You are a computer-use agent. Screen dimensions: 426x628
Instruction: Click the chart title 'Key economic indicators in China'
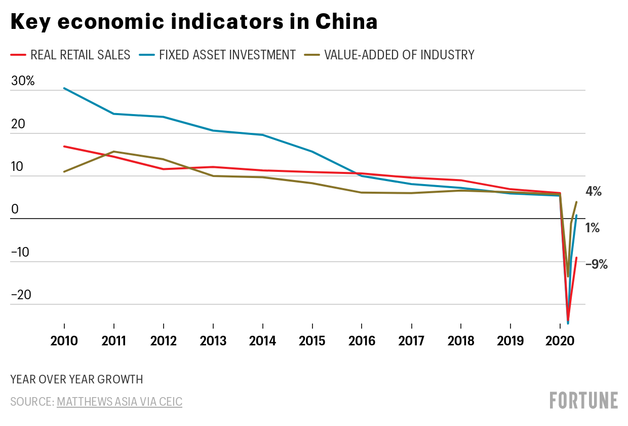(193, 22)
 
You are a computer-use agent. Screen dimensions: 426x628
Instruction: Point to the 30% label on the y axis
(22, 81)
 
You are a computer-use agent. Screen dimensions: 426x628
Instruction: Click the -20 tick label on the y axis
(21, 295)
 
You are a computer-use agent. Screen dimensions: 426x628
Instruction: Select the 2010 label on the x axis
(64, 340)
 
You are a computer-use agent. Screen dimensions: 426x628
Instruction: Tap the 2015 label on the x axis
(312, 340)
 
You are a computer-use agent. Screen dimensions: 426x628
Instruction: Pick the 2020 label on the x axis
(560, 340)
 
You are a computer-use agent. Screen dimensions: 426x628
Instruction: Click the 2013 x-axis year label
(213, 340)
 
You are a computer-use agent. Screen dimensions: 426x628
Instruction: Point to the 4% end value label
(593, 192)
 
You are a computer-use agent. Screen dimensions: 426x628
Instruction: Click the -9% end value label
(596, 264)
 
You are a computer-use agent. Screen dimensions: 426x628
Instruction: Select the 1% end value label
(593, 228)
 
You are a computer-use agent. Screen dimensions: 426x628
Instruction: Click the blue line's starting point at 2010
(64, 88)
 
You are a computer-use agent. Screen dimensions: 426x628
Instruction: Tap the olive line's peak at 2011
(114, 152)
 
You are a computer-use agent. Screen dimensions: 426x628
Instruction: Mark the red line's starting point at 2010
(64, 147)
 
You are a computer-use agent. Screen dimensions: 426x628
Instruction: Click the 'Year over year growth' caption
(76, 379)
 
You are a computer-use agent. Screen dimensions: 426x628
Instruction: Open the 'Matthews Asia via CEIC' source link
(120, 402)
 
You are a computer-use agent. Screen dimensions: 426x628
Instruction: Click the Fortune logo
(584, 400)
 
